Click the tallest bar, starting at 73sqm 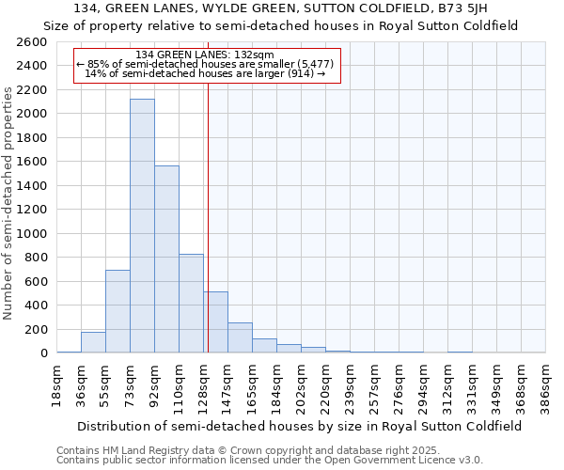click(142, 226)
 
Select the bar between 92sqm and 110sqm click(166, 259)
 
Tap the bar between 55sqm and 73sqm click(117, 311)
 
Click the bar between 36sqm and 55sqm click(93, 342)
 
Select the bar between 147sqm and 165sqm click(240, 337)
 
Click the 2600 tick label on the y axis click(32, 42)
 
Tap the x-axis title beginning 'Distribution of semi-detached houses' click(300, 426)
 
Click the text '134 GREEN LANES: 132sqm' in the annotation click(205, 55)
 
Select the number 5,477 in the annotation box click(311, 64)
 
